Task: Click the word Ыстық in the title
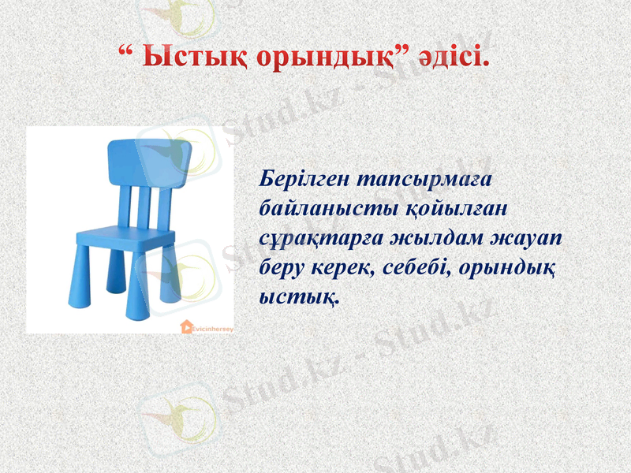click(x=176, y=58)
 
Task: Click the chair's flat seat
click(x=126, y=234)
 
